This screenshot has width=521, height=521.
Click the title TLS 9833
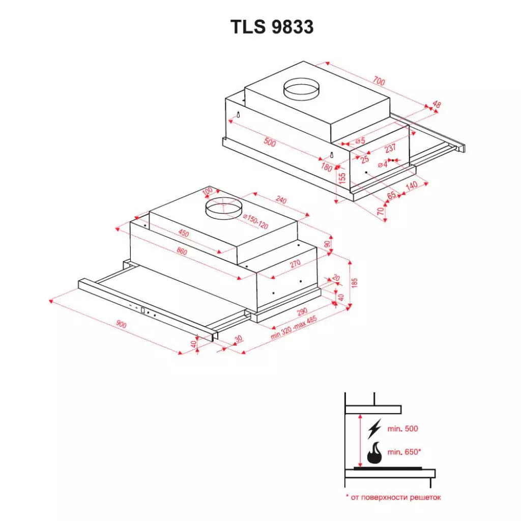point(272,27)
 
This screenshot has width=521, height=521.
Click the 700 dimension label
point(378,81)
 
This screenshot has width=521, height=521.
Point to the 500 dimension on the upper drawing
point(270,143)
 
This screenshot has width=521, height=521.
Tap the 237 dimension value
point(390,149)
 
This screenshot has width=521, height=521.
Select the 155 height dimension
point(343,179)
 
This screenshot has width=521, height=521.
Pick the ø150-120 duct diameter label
point(255,222)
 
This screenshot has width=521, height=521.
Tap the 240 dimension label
point(280,200)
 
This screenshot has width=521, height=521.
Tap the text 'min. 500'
point(402,429)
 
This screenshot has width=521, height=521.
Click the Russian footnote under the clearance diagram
point(393,497)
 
